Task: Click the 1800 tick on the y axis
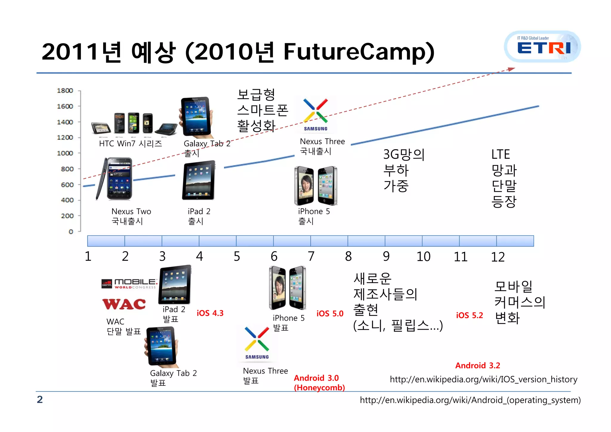tap(65, 91)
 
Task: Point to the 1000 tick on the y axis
tap(65, 153)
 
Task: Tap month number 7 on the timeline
tap(311, 256)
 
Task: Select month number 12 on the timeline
tap(498, 257)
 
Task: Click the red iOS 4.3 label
tap(210, 313)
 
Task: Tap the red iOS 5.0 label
tap(330, 314)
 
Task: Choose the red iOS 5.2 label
tap(469, 315)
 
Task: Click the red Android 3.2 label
tap(478, 365)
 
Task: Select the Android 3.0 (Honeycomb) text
tap(319, 383)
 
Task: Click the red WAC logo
tap(124, 304)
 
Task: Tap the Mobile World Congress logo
tap(129, 283)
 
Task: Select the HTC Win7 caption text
tap(130, 144)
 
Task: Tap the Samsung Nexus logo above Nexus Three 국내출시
tap(316, 115)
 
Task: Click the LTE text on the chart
tap(500, 155)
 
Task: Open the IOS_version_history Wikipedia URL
tap(483, 379)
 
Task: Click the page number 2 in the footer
tap(40, 399)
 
